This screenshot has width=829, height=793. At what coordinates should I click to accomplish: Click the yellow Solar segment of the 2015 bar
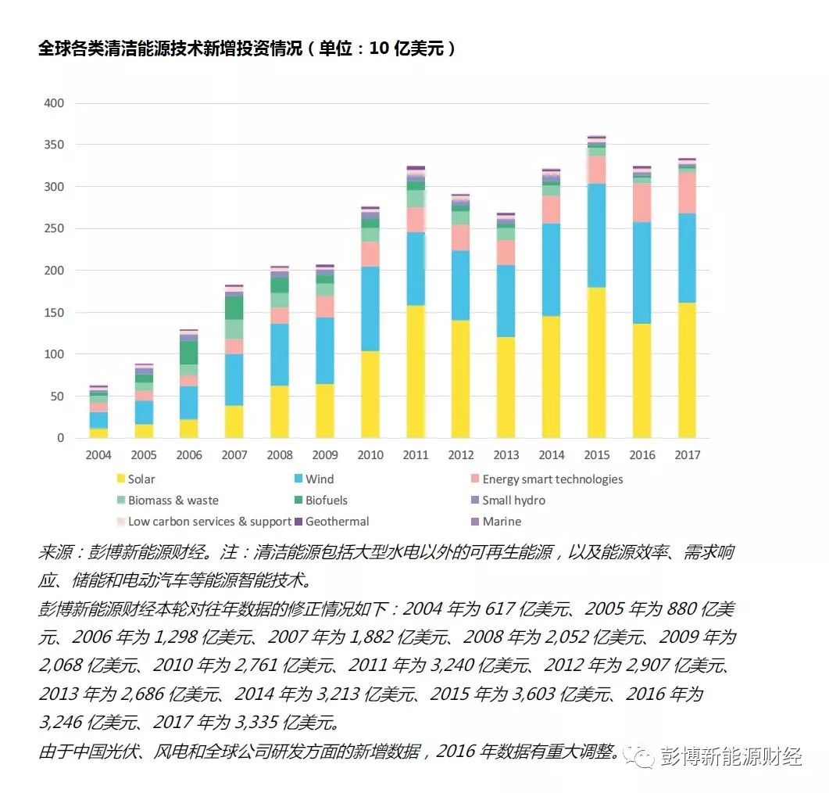[597, 363]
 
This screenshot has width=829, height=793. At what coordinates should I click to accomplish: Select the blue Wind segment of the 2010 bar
[370, 309]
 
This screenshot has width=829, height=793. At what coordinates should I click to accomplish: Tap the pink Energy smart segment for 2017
[687, 192]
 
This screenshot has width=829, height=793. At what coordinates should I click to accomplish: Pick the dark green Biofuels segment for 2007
[234, 308]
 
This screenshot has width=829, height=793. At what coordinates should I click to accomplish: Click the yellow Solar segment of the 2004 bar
[98, 433]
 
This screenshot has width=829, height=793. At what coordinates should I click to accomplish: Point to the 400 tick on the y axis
[53, 103]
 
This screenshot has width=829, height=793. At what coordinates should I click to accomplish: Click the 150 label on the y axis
[53, 313]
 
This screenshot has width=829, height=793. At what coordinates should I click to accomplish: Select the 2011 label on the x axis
[415, 455]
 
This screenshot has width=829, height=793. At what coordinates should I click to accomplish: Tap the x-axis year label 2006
[189, 455]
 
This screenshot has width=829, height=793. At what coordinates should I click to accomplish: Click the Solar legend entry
[141, 479]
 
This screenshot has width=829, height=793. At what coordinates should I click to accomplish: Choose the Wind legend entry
[319, 479]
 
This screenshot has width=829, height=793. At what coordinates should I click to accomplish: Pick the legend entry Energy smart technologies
[552, 479]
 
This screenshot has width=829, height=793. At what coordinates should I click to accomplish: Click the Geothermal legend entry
[337, 522]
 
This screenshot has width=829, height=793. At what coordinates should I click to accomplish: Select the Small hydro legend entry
[513, 501]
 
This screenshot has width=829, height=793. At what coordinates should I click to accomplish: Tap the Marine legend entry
[501, 522]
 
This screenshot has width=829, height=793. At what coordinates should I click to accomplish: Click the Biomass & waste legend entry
[173, 501]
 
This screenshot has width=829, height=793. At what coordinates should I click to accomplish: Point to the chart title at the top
[247, 48]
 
